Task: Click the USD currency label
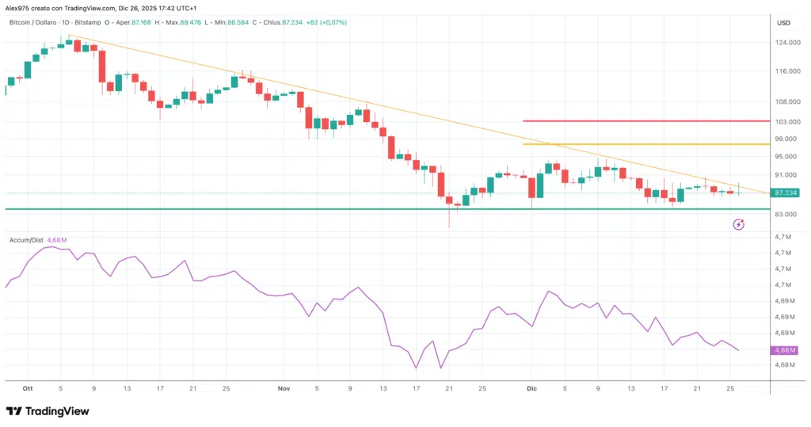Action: (x=784, y=22)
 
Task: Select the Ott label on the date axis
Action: (x=28, y=389)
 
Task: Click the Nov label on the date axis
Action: (x=284, y=389)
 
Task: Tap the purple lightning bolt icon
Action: (x=739, y=225)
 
